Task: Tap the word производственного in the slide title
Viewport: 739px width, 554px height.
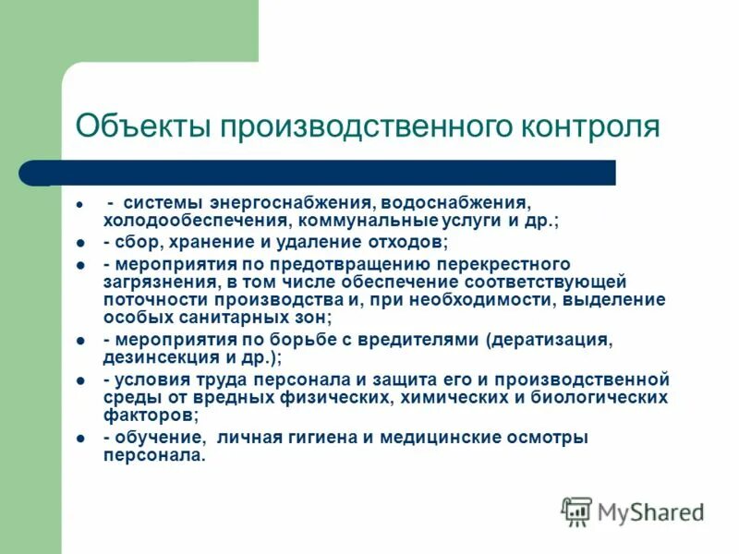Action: pos(365,126)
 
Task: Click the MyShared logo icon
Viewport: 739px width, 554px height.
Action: pos(576,512)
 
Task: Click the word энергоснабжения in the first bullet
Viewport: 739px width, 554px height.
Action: pos(295,202)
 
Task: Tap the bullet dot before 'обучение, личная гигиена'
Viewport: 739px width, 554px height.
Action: pos(80,438)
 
